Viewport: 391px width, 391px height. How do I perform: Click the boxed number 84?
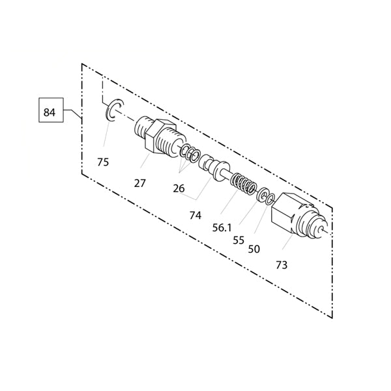click(49, 113)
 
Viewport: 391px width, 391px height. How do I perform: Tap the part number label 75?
click(103, 162)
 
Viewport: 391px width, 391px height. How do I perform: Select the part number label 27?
click(139, 184)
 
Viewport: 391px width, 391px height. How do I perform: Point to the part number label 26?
click(179, 189)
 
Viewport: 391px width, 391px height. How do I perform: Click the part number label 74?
click(195, 216)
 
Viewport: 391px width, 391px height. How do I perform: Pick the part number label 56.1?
click(222, 227)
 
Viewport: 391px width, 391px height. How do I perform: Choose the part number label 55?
click(239, 240)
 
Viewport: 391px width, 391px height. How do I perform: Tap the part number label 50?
click(254, 249)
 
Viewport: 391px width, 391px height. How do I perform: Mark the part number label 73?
click(282, 265)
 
